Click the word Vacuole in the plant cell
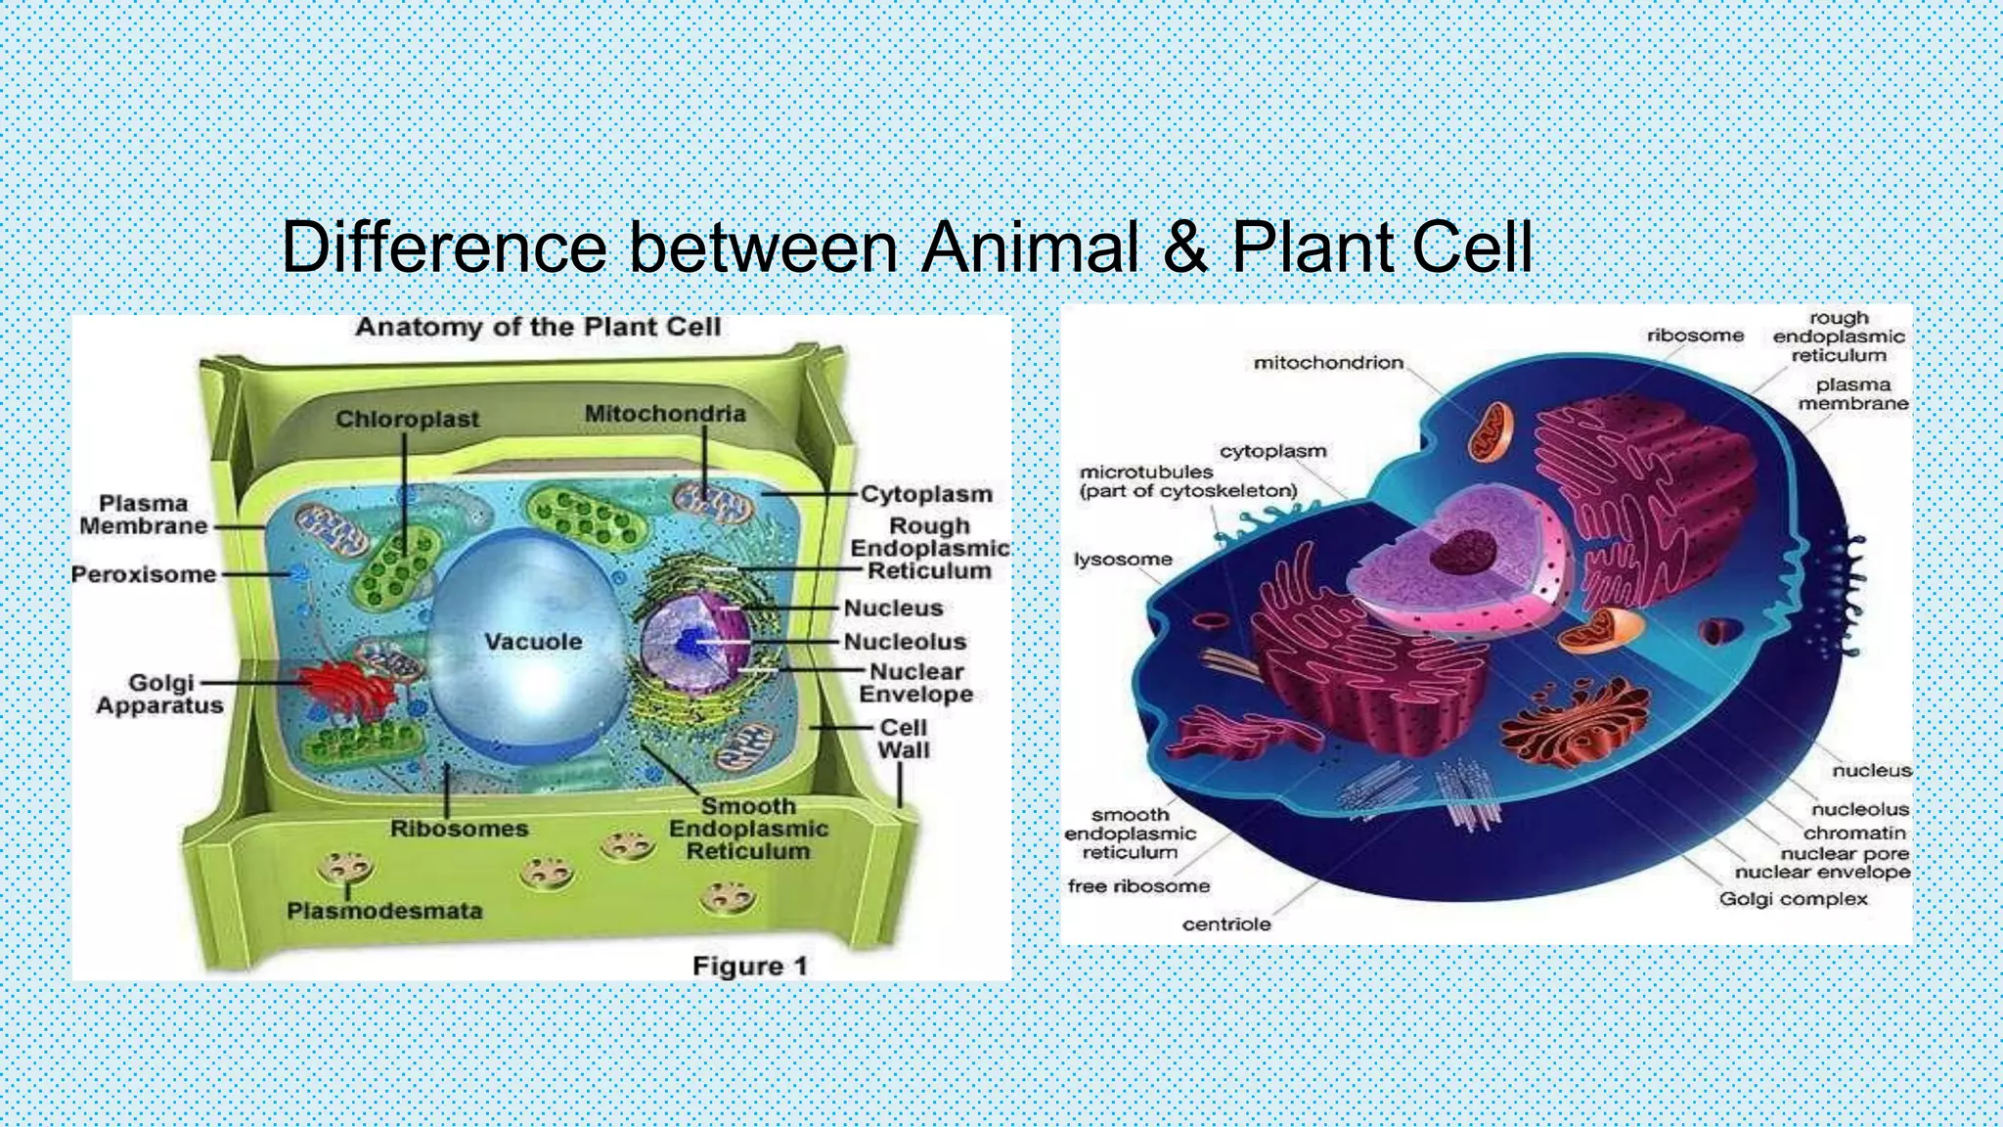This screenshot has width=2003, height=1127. [x=533, y=642]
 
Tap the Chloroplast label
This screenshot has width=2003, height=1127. [x=407, y=419]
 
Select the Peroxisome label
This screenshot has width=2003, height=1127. [x=144, y=574]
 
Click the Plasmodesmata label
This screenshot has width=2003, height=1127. [x=384, y=911]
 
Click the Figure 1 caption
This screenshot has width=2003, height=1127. [x=750, y=967]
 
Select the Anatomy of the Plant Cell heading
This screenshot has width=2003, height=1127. [x=538, y=327]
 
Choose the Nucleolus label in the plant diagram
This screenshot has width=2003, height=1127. [x=905, y=642]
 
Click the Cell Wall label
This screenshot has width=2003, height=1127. [x=903, y=739]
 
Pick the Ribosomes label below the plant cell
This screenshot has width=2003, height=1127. [x=459, y=829]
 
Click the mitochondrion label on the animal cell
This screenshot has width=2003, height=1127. [x=1328, y=363]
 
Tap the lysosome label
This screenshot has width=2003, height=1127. [x=1123, y=560]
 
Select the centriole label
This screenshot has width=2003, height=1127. [x=1226, y=924]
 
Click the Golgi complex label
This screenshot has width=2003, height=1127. [x=1793, y=898]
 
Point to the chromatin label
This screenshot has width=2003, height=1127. [x=1854, y=833]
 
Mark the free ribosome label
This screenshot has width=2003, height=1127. [x=1138, y=886]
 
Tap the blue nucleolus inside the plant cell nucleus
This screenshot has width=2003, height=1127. [x=691, y=642]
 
